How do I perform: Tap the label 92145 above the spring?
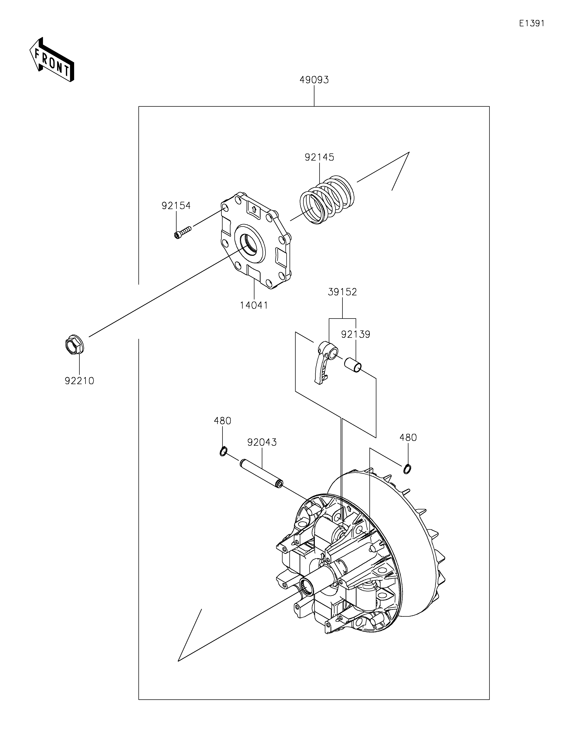coord(319,157)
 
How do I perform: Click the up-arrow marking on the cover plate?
coord(254,209)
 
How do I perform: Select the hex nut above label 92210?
coord(74,344)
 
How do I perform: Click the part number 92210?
coord(79,381)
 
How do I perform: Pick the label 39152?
coord(342,292)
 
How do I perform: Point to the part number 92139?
coord(355,334)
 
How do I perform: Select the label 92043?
coord(262,442)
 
